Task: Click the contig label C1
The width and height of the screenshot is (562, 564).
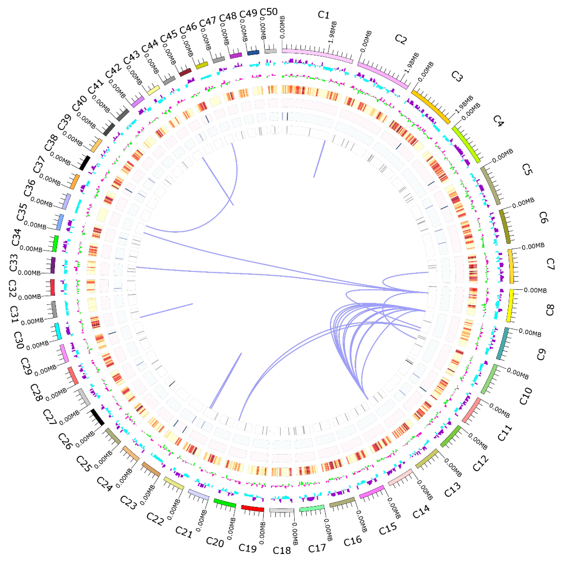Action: pos(323,15)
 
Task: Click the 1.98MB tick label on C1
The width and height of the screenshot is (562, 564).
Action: pos(332,32)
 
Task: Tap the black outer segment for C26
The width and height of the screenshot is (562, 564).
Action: pos(97,417)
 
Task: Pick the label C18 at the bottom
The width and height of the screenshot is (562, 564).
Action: pos(282,550)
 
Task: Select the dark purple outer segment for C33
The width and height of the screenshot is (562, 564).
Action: pos(53,265)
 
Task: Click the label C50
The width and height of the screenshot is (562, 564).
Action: pos(269,12)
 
